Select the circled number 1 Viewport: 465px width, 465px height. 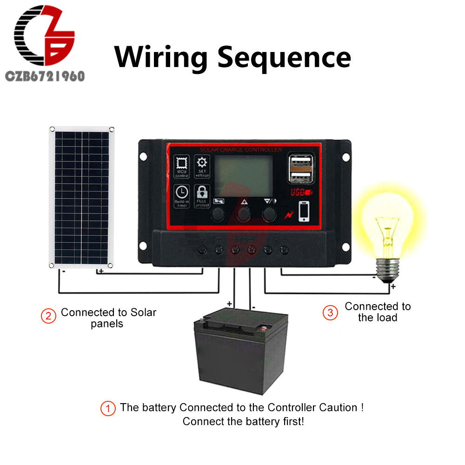(x=108, y=409)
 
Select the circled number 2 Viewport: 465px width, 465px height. (x=48, y=316)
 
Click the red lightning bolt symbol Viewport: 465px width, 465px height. (x=288, y=215)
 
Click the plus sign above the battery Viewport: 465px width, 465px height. (x=229, y=304)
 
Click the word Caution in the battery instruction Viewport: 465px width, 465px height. (x=338, y=408)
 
